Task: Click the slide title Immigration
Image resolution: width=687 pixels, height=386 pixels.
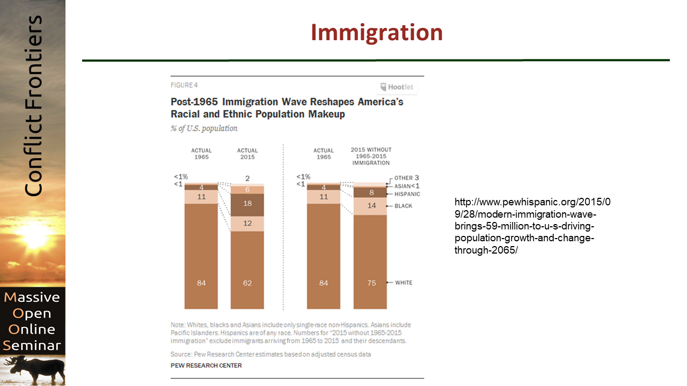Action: tap(376, 33)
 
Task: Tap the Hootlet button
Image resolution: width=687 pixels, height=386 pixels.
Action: tap(397, 87)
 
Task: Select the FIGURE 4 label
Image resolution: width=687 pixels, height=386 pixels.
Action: tap(184, 85)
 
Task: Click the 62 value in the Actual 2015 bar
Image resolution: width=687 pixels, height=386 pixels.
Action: tap(247, 283)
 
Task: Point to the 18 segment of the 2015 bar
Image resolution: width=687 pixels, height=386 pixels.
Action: tap(247, 204)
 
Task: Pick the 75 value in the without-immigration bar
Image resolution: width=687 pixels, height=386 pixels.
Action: tap(371, 283)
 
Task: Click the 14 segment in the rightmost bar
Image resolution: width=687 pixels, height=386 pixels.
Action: tap(371, 206)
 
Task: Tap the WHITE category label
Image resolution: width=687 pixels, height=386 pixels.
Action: tap(404, 283)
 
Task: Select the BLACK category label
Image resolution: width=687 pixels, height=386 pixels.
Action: tap(403, 206)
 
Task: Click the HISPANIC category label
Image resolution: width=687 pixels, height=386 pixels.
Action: tap(407, 194)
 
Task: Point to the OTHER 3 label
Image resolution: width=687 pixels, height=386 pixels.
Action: tap(406, 178)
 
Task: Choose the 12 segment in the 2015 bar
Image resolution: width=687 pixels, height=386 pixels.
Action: tap(247, 223)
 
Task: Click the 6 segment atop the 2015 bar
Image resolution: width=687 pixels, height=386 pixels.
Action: tap(247, 189)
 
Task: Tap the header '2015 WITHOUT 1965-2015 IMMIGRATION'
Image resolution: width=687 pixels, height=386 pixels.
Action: tap(371, 156)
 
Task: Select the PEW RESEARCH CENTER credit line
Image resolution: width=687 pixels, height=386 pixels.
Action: tap(206, 366)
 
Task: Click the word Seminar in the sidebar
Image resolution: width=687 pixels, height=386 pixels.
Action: tap(32, 345)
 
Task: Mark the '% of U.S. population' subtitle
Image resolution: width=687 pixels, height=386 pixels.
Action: tap(204, 129)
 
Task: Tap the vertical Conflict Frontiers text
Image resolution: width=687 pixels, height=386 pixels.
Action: tap(33, 106)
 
